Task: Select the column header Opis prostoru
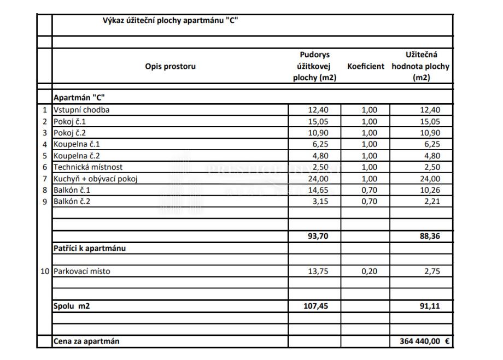170,67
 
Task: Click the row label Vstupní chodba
81,110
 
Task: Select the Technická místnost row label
88,167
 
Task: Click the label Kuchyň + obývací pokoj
100,179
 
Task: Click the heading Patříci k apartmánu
90,248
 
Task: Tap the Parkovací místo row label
81,271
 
